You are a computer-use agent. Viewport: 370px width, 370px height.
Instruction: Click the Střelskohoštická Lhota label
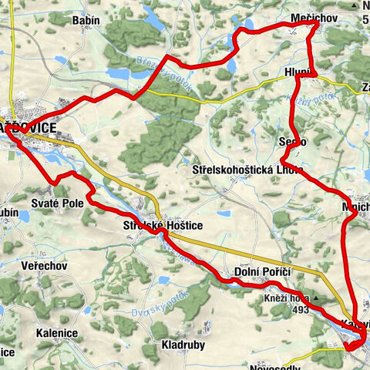coord(248,169)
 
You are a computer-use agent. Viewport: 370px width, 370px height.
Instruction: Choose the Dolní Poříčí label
coord(260,273)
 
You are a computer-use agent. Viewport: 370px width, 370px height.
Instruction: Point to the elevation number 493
coord(300,310)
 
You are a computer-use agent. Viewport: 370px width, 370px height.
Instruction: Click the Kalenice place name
coord(55,333)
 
